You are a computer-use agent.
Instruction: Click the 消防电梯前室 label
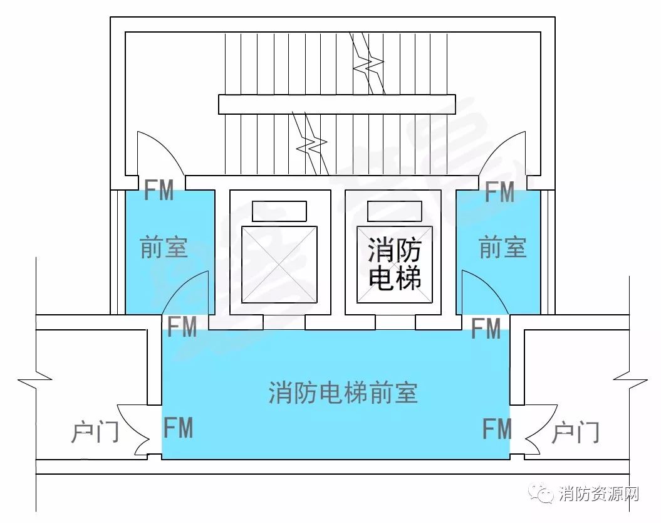[343, 393]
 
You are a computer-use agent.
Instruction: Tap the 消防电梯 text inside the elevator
[395, 263]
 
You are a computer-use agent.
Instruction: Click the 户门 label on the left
[95, 432]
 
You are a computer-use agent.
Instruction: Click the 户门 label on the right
[575, 432]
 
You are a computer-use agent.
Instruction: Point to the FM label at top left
[159, 190]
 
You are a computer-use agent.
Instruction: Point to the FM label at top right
[499, 192]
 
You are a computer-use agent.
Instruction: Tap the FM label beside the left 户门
[179, 427]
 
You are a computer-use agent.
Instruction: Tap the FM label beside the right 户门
[497, 428]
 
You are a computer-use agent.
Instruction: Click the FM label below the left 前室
[182, 327]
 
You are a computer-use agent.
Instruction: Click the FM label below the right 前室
[486, 329]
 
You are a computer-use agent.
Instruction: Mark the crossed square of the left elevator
[279, 265]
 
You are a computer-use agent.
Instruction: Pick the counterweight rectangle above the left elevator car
[279, 211]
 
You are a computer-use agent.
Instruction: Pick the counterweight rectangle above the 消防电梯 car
[395, 211]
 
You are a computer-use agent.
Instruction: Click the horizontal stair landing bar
[337, 104]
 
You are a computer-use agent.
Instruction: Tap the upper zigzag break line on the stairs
[367, 63]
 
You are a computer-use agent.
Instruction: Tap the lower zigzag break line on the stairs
[311, 144]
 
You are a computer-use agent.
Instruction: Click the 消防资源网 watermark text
[599, 494]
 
